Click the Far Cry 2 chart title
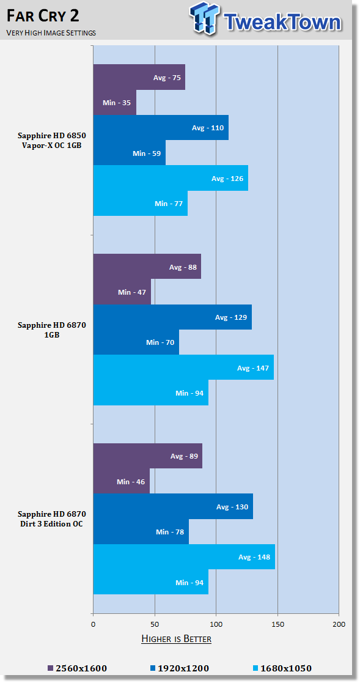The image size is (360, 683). tap(43, 17)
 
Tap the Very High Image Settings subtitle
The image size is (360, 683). tap(51, 33)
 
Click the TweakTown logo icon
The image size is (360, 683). tap(205, 19)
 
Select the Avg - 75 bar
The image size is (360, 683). tap(139, 77)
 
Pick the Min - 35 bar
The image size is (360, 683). tap(115, 102)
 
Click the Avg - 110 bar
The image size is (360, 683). tap(161, 128)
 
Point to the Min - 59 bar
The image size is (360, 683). tap(130, 153)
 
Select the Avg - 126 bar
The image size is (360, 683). tap(171, 178)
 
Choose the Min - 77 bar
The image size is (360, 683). tap(141, 204)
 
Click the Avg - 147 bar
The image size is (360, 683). tap(184, 367)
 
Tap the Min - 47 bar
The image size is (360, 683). tap(122, 292)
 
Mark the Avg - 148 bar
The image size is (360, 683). tap(184, 556)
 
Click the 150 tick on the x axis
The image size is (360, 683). tap(277, 624)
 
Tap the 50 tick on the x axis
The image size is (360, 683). tap(155, 624)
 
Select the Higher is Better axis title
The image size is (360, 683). tap(176, 639)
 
